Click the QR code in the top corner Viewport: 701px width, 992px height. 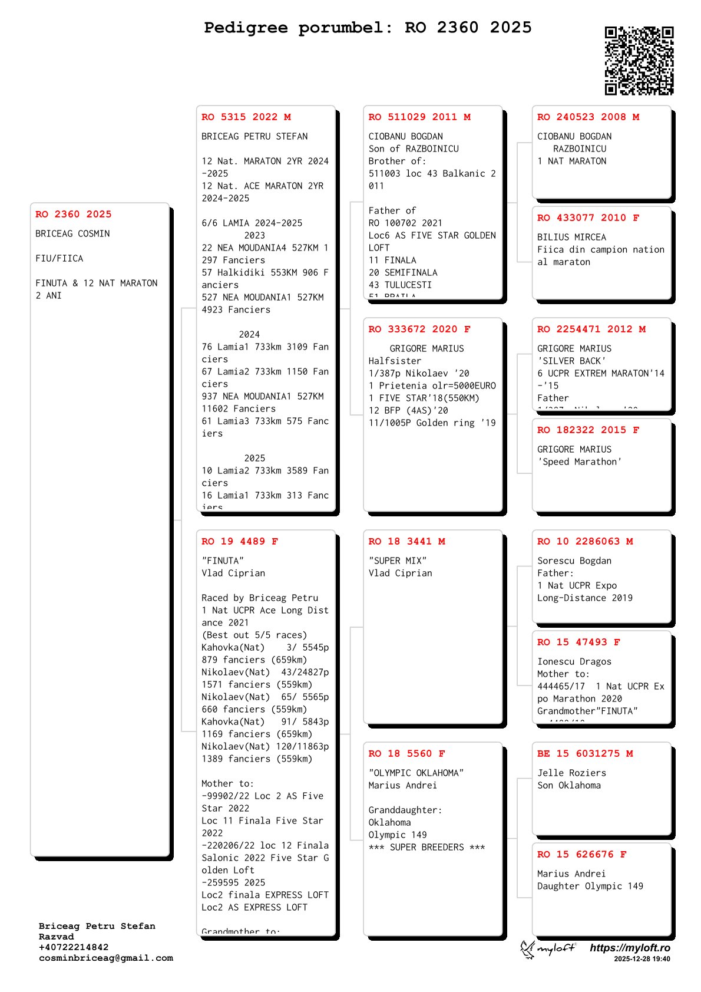click(639, 60)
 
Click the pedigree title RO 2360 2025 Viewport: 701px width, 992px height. click(368, 28)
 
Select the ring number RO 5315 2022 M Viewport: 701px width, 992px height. click(246, 117)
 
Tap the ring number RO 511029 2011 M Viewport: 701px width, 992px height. click(419, 117)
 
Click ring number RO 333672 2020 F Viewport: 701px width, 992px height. click(419, 329)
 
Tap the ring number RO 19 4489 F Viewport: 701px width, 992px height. click(240, 542)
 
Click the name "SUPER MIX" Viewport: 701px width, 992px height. click(398, 561)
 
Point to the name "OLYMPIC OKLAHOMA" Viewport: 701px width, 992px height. click(416, 773)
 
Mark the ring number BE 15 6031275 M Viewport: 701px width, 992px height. click(585, 754)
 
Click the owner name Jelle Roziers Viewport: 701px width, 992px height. click(571, 773)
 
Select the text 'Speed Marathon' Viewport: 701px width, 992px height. click(580, 462)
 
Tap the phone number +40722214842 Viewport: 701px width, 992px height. click(74, 947)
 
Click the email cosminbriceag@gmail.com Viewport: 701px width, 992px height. click(106, 958)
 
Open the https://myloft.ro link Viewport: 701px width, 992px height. click(630, 948)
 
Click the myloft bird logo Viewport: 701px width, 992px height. click(528, 949)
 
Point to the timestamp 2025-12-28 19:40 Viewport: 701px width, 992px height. click(642, 959)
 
